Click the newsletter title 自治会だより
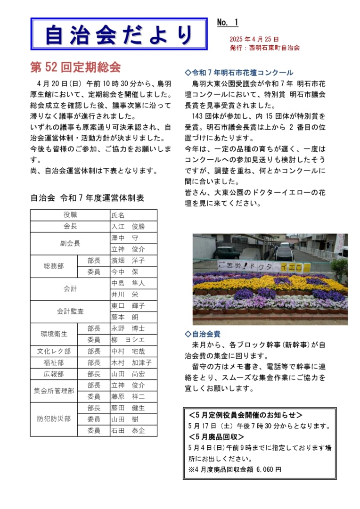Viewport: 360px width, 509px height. (119, 34)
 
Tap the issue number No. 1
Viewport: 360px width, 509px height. (228, 23)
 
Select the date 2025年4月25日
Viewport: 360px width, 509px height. (254, 39)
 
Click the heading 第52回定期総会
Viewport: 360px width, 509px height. (75, 67)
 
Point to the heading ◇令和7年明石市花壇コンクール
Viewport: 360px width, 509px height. (239, 73)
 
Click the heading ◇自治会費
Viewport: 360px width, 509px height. (203, 334)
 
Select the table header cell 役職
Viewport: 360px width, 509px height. (70, 215)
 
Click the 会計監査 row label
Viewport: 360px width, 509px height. (70, 312)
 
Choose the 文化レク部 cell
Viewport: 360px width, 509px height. (54, 351)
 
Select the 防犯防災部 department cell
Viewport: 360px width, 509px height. (54, 419)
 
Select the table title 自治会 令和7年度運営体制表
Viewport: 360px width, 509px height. (87, 198)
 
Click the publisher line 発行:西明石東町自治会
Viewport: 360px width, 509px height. (265, 48)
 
